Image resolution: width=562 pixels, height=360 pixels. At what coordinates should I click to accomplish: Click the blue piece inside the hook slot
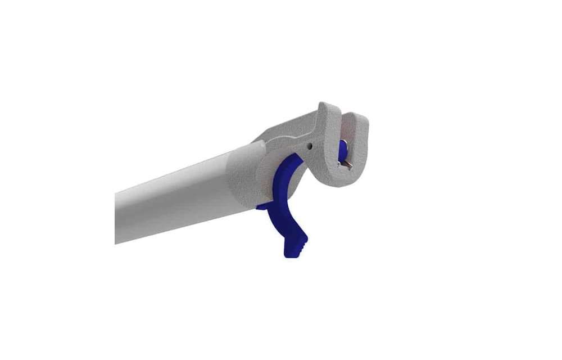point(341,150)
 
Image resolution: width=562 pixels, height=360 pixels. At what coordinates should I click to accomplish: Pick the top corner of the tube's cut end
point(116,194)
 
